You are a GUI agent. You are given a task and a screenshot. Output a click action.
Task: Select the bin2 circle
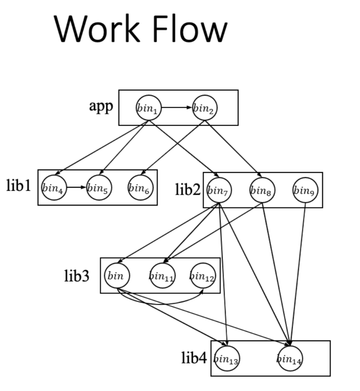[205, 108]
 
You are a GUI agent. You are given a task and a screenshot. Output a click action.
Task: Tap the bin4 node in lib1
[54, 188]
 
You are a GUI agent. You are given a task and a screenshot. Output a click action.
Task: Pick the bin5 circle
[99, 188]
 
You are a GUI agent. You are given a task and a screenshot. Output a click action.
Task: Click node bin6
[141, 188]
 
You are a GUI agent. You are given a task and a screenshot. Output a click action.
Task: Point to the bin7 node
[219, 190]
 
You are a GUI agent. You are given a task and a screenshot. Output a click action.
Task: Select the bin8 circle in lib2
[262, 190]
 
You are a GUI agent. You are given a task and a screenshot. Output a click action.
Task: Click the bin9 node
[306, 190]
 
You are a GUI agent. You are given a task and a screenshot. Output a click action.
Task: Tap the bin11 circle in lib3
[163, 276]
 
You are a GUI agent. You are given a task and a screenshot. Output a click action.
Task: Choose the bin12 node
[202, 276]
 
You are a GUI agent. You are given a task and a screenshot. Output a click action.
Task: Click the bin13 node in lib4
[227, 358]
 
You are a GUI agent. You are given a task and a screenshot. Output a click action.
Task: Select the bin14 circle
[290, 358]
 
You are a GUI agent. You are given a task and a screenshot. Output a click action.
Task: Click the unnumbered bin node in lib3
[117, 276]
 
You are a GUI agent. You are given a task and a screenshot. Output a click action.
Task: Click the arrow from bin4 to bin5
[76, 188]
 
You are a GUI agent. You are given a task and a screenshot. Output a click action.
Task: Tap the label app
[101, 106]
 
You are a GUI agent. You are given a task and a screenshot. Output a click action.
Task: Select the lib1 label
[18, 186]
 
